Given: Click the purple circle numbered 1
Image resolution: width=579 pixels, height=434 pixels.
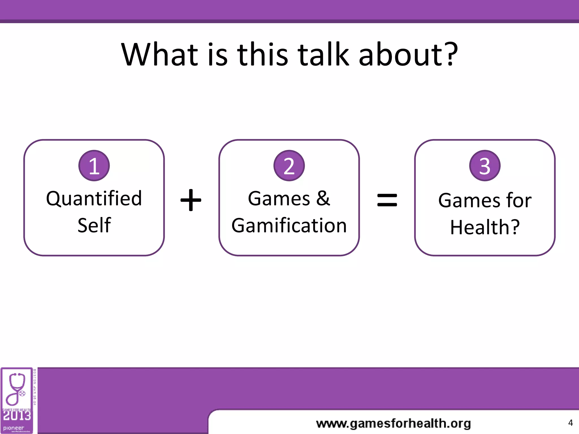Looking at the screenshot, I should (94, 166).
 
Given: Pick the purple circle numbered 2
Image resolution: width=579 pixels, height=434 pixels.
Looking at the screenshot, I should (289, 166).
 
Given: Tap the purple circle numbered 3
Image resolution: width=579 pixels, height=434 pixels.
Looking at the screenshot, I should (485, 166).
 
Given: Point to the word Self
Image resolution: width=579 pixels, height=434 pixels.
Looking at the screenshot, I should (94, 225).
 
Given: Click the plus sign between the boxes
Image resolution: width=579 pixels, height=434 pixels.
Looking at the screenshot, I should (191, 200).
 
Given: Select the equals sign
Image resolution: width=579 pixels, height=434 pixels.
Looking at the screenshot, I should (387, 200).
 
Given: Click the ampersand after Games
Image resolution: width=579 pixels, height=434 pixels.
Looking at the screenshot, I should (323, 198).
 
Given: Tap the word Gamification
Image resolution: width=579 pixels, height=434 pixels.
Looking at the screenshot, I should (289, 225).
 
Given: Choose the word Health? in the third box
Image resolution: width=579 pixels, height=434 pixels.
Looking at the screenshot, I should (485, 227).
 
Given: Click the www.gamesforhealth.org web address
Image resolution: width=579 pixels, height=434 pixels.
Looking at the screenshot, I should (393, 424).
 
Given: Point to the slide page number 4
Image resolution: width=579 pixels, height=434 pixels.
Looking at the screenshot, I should (570, 423).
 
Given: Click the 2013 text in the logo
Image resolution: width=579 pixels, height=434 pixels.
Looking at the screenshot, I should (17, 416).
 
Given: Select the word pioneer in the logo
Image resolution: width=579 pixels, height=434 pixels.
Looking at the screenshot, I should (14, 428).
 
